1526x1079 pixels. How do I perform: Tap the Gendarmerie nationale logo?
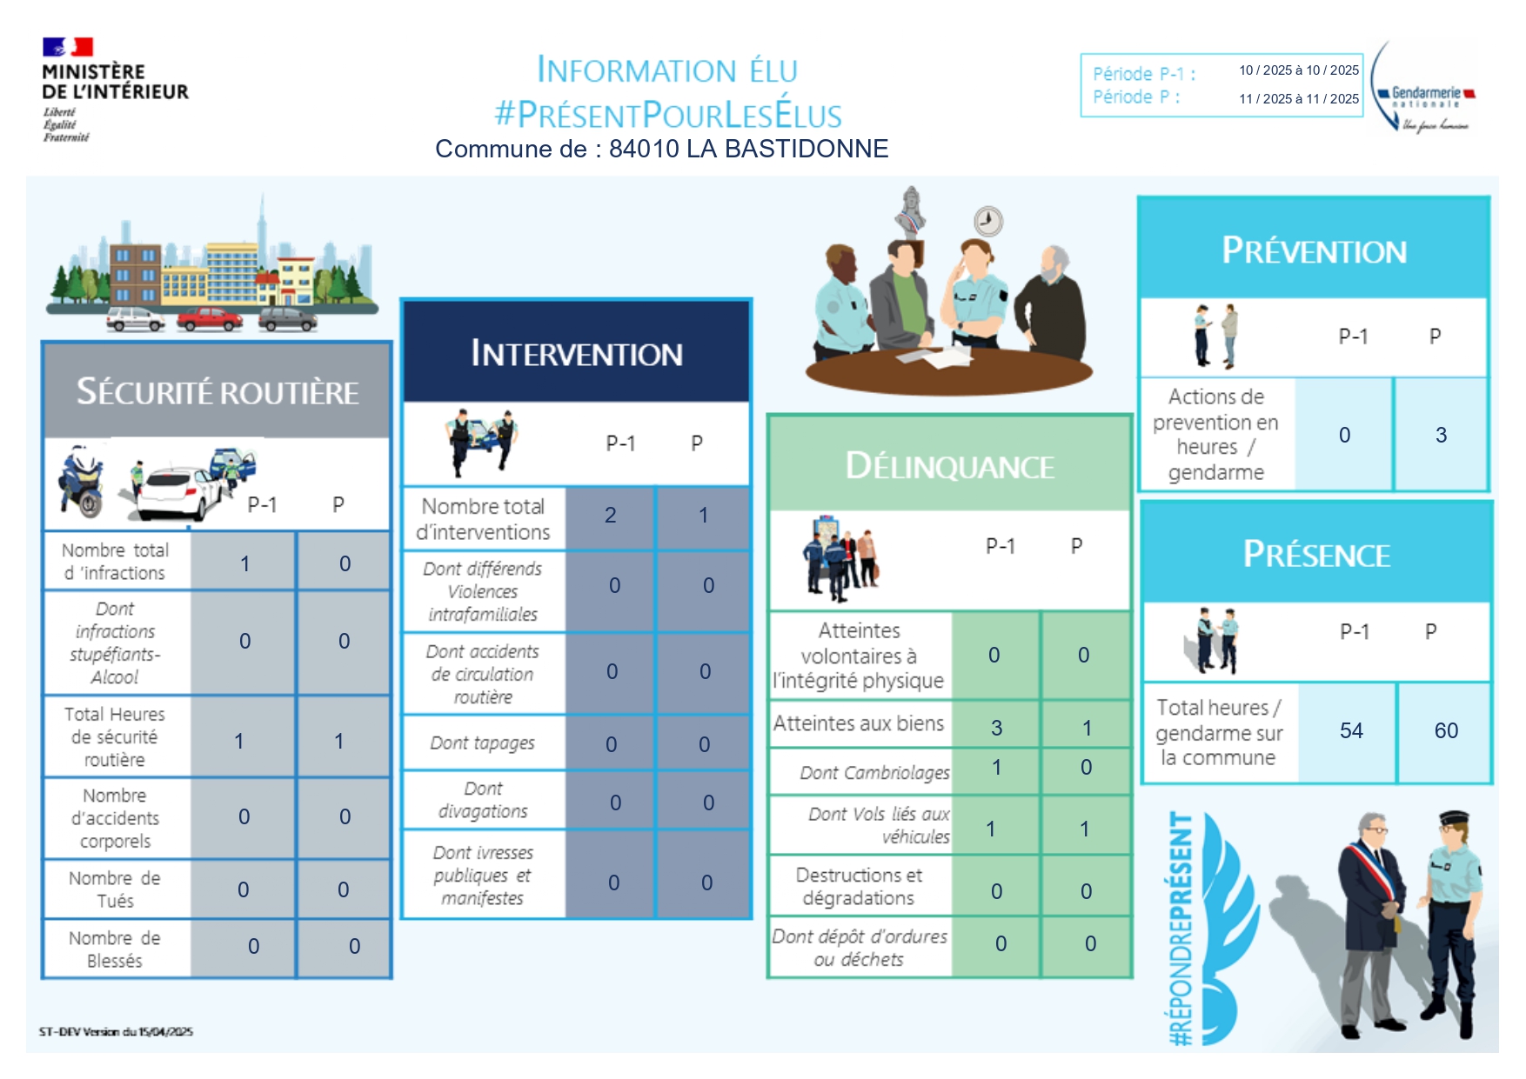(x=1423, y=87)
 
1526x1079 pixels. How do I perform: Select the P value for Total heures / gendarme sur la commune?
(x=1446, y=730)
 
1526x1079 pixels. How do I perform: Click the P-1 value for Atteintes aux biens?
(x=997, y=728)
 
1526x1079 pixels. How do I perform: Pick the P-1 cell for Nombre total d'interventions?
(x=611, y=516)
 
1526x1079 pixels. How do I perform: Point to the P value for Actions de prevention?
(x=1441, y=435)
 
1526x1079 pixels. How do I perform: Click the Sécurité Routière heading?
(x=218, y=392)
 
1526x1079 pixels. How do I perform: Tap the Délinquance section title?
(x=950, y=466)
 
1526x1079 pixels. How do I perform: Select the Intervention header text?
(x=577, y=354)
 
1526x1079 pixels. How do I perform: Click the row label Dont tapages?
(x=483, y=743)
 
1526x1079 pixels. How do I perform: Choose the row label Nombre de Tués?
(x=115, y=889)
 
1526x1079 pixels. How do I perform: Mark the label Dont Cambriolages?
(x=875, y=773)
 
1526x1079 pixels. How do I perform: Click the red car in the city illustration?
(x=210, y=319)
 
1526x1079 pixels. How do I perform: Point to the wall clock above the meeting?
(x=988, y=221)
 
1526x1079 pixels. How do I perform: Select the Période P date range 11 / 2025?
(x=1299, y=99)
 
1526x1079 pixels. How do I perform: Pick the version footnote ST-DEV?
(x=116, y=1032)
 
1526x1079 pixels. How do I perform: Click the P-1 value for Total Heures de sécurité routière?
(x=239, y=742)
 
